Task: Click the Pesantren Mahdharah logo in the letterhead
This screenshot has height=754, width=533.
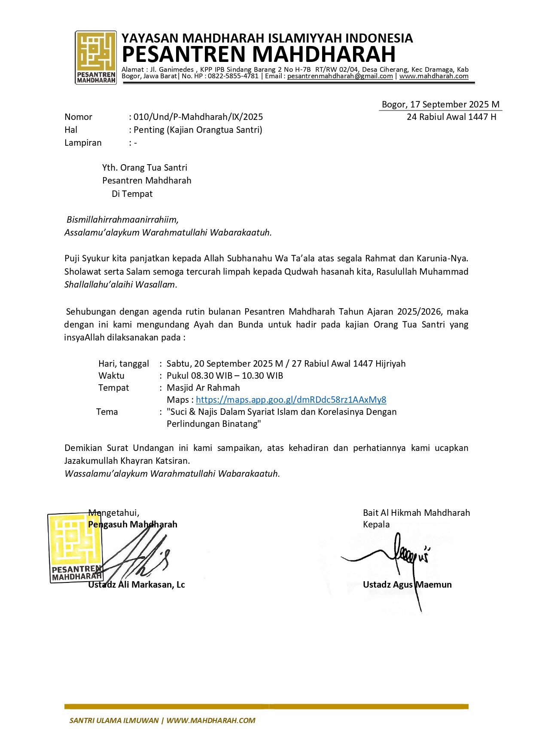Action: click(x=96, y=57)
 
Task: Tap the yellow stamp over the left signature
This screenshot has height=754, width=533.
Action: click(x=75, y=547)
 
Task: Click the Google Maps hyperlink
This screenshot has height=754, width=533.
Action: click(x=291, y=400)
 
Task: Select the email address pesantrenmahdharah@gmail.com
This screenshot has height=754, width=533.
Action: click(x=340, y=76)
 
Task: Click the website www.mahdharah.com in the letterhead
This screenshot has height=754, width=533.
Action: click(x=434, y=76)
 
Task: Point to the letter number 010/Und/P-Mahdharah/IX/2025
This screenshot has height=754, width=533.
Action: click(x=198, y=117)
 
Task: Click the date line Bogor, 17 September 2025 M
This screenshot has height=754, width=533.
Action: click(x=440, y=104)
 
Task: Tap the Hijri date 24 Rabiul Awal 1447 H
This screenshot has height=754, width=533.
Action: click(x=451, y=117)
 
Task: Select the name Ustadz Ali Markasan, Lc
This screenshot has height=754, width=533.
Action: click(x=137, y=585)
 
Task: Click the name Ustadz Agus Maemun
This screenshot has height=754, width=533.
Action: click(x=407, y=585)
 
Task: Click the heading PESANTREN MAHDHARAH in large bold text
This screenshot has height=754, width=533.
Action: click(x=259, y=55)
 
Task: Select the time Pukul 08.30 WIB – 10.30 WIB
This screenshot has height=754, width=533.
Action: click(x=225, y=376)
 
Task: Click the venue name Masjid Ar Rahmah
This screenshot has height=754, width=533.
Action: click(x=203, y=388)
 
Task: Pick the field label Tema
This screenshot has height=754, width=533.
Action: click(x=107, y=412)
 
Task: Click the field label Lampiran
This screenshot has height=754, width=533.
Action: click(x=83, y=143)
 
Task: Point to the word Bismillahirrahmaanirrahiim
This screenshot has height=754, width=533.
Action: click(x=122, y=220)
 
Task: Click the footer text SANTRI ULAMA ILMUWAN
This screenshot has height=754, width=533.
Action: click(x=114, y=720)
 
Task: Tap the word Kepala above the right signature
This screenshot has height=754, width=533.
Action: click(x=376, y=524)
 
